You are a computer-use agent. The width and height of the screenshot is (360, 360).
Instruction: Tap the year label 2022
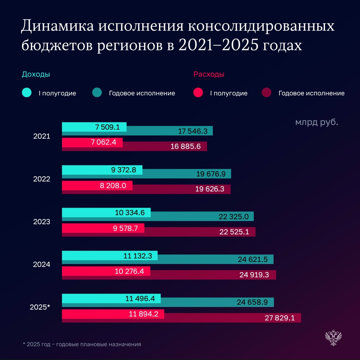coord(42,179)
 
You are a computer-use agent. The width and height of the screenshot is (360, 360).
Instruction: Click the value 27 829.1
coord(280,318)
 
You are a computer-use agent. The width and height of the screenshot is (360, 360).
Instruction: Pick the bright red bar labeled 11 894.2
coord(113,314)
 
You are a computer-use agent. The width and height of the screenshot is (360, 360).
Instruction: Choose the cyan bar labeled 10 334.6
coord(106,212)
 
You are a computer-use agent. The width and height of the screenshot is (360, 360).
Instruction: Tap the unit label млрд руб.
coord(316,122)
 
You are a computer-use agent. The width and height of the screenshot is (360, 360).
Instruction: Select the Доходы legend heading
coord(36,74)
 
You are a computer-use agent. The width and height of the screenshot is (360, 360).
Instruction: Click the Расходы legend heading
coord(209,74)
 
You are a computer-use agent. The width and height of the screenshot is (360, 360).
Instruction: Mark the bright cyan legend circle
coord(27,93)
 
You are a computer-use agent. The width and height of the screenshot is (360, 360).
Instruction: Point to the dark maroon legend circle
coord(267,93)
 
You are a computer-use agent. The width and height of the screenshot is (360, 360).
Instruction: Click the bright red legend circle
coord(198,93)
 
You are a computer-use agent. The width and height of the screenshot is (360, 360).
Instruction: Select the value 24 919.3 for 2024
coord(253,275)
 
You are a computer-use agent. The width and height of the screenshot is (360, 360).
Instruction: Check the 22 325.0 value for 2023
coord(234,217)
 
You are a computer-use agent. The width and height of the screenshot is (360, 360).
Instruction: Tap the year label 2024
coord(42,265)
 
